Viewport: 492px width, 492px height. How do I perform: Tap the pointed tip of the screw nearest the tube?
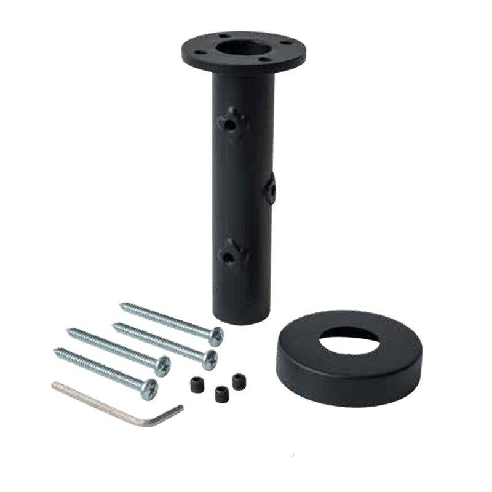tap(121, 304)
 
